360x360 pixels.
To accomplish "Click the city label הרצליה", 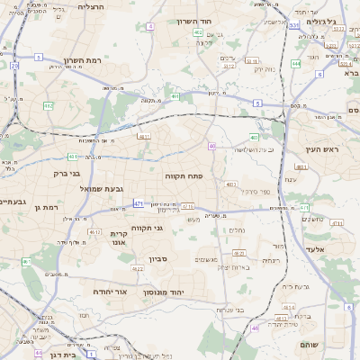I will click(x=92, y=6).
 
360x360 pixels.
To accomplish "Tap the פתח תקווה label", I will click(x=183, y=176).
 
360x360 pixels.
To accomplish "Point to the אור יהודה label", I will click(x=110, y=292).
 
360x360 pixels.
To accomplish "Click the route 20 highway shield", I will click(x=14, y=66).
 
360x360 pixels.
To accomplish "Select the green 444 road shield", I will click(x=296, y=64).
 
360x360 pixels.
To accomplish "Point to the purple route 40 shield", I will click(x=211, y=146).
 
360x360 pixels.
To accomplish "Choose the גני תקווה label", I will click(x=147, y=228).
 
